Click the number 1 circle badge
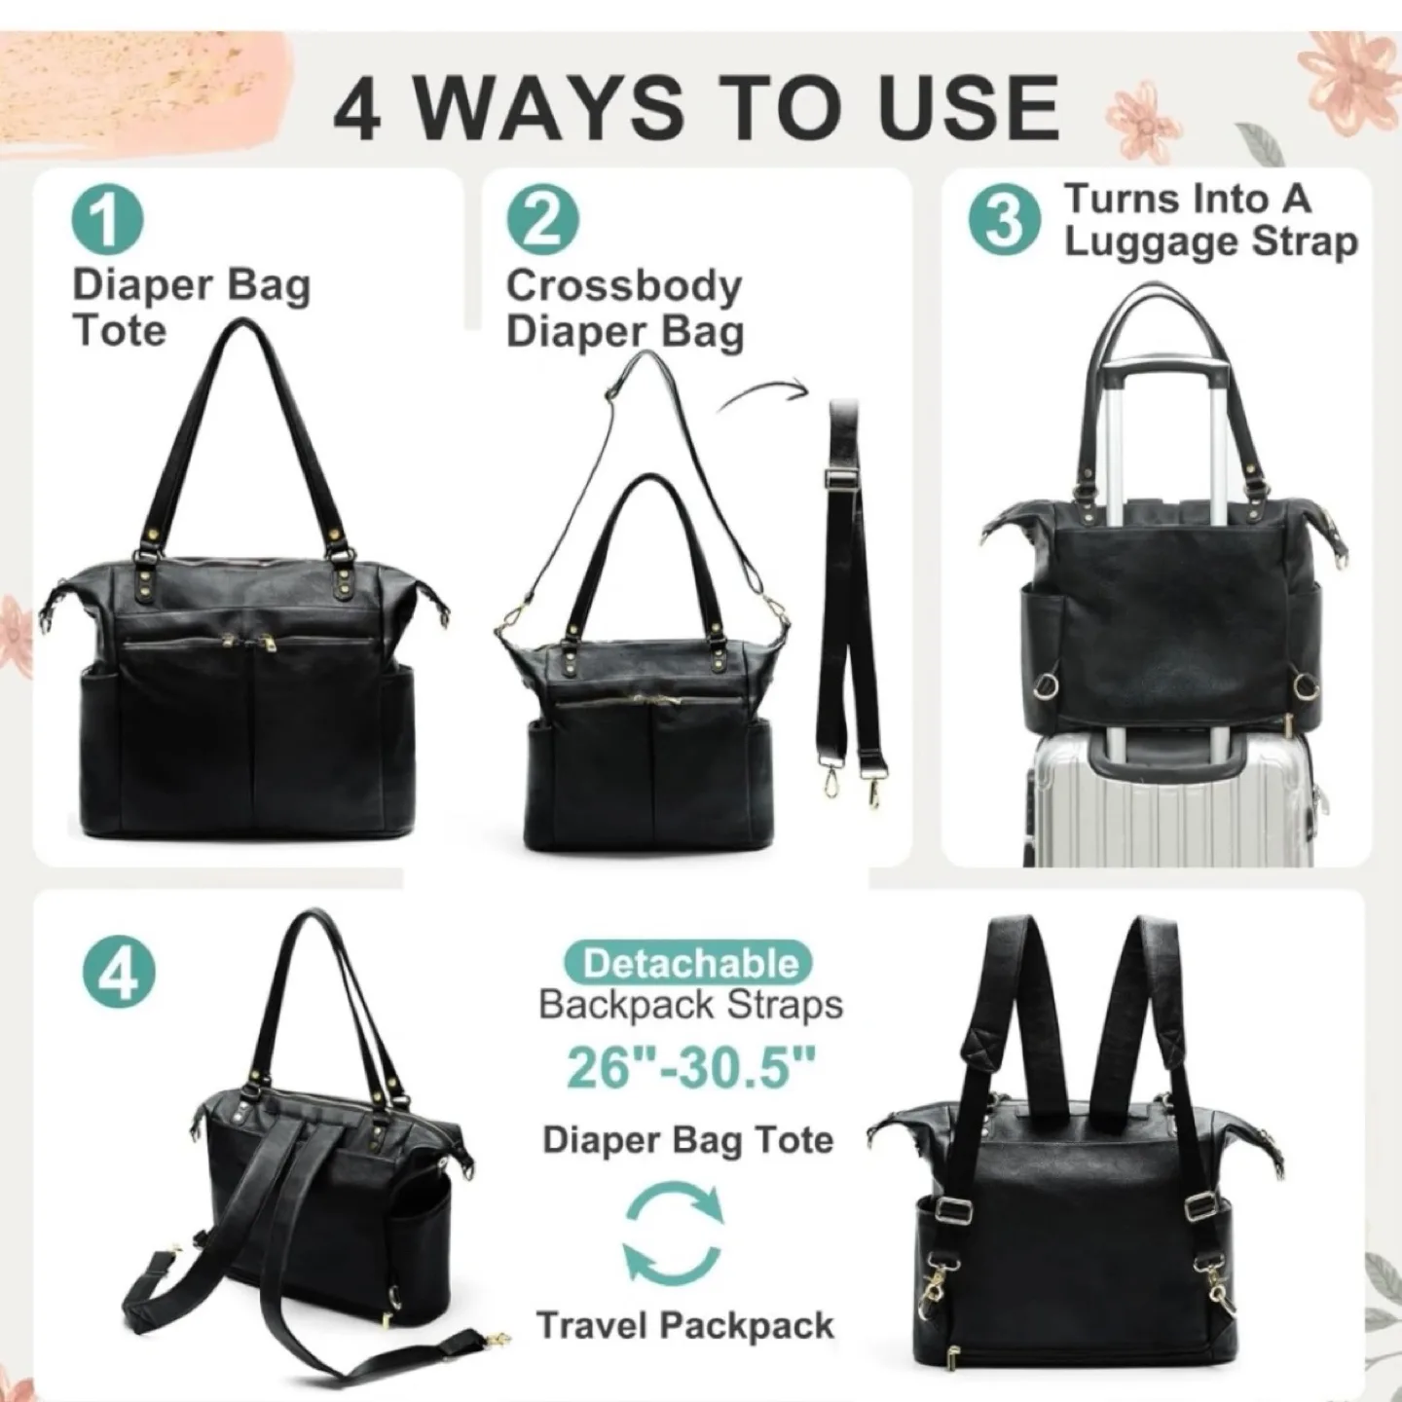coord(107,221)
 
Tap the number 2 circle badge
coord(542,221)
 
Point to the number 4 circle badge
coord(121,971)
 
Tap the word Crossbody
coord(623,286)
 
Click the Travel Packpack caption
coord(685,1325)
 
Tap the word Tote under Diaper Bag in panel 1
coord(120,330)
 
